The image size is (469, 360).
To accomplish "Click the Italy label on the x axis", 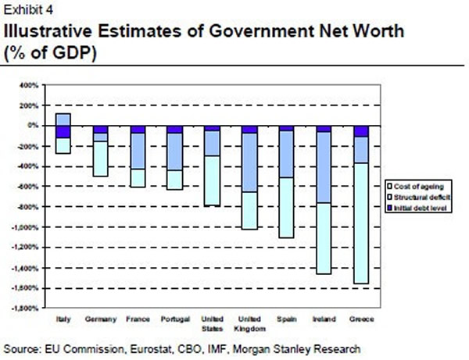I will coord(63,319).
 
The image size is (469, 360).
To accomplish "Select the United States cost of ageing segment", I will coord(211,180).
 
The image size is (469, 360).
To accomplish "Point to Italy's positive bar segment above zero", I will coord(63,119).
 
